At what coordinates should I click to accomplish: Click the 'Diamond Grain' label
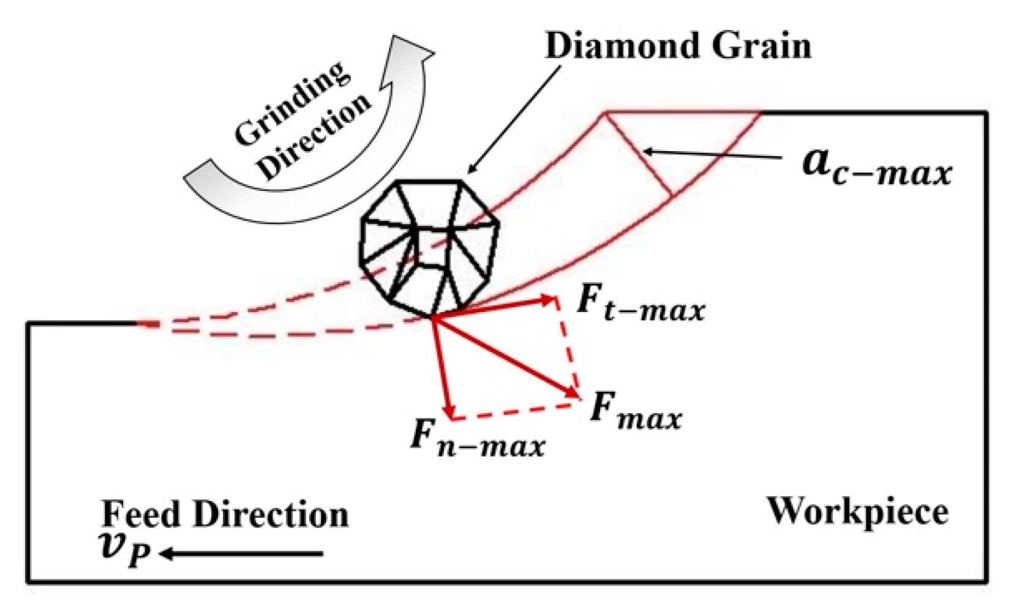[678, 46]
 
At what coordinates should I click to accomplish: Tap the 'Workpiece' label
[858, 511]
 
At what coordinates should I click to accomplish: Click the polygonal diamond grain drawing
[429, 248]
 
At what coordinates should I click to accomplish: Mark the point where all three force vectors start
[433, 317]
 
